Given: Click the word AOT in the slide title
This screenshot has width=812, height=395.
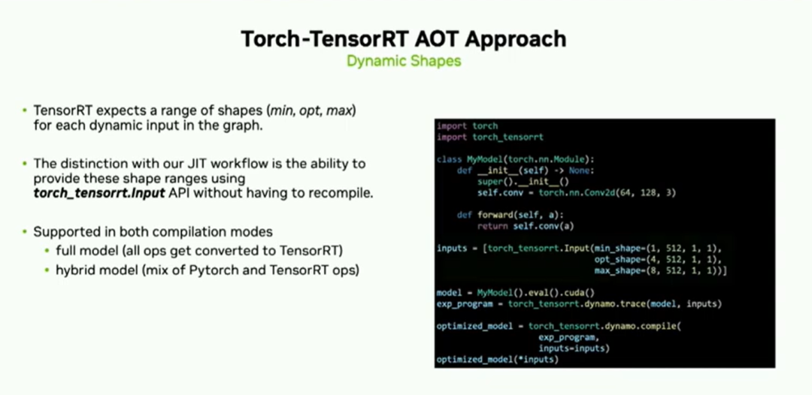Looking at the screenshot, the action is pos(401,39).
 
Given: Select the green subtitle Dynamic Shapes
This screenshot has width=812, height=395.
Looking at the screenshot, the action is pos(404,61).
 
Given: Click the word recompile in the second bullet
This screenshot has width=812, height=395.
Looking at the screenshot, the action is pos(346,194).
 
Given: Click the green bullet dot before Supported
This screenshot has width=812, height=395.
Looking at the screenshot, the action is pos(24,231).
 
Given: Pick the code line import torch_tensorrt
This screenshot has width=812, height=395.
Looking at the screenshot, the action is pos(490,137).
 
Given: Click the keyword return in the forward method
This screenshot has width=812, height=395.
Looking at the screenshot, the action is pos(492,226).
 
